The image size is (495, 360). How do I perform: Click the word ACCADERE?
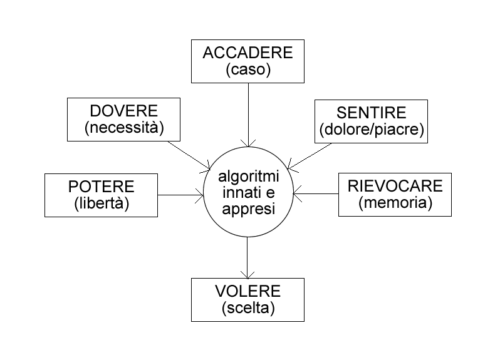tap(247, 53)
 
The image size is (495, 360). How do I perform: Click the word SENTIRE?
tap(372, 114)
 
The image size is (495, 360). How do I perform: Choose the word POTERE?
tap(101, 187)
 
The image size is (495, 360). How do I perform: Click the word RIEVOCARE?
tap(395, 186)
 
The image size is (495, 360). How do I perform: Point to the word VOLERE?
tap(247, 292)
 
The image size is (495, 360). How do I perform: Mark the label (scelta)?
tap(247, 308)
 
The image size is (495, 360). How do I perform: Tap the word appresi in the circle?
tap(248, 210)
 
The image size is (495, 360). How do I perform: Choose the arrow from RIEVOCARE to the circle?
tap(316, 193)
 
